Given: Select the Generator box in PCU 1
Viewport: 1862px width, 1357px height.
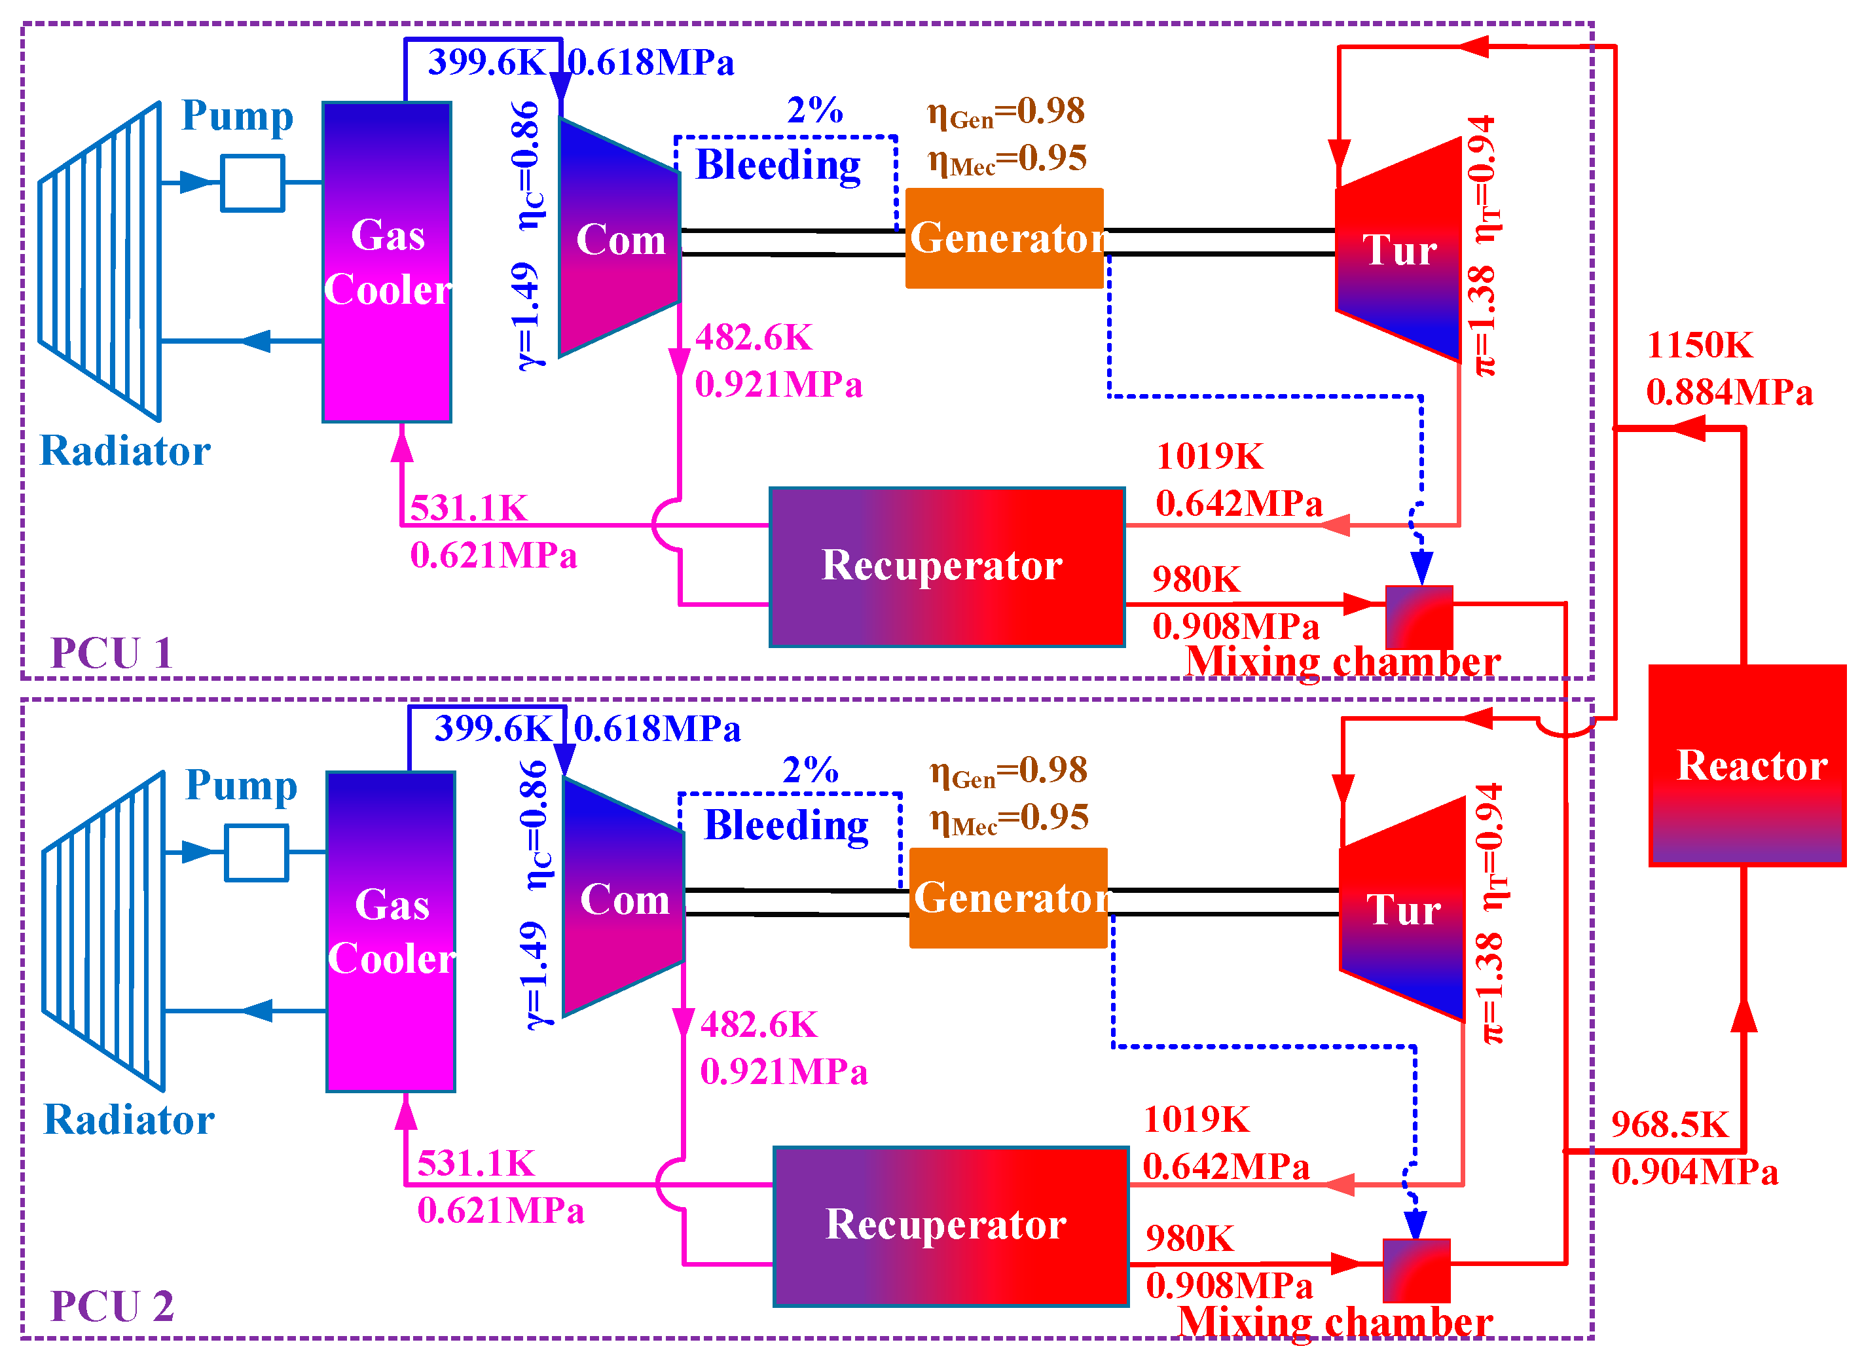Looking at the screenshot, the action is [x=1004, y=238].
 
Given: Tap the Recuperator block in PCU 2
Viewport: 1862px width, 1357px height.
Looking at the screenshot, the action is [x=950, y=1226].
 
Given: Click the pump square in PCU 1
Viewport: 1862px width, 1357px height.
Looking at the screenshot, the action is [x=253, y=183].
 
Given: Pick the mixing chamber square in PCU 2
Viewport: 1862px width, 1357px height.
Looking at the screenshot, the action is [x=1416, y=1271].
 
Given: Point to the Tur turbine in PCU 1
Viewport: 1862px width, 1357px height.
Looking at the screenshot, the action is [x=1398, y=249].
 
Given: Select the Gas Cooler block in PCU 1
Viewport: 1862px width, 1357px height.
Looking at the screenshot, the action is [x=387, y=262].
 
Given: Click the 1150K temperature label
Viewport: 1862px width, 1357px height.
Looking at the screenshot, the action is [x=1700, y=345].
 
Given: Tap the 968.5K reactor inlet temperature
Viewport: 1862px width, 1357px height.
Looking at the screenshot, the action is [x=1670, y=1125].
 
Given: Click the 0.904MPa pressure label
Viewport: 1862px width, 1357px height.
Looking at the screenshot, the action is [x=1694, y=1172].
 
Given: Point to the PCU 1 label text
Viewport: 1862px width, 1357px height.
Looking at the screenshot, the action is [x=112, y=653].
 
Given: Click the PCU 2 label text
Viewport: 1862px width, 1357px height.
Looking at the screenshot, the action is [x=112, y=1306].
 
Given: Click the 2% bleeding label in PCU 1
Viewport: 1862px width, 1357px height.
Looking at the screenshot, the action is [x=814, y=110].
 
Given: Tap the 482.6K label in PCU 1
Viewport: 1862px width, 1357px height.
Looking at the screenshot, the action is [x=753, y=338].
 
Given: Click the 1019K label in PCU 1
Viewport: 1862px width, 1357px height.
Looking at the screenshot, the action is [x=1210, y=457].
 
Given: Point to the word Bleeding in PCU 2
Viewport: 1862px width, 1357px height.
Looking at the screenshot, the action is [x=786, y=826].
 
